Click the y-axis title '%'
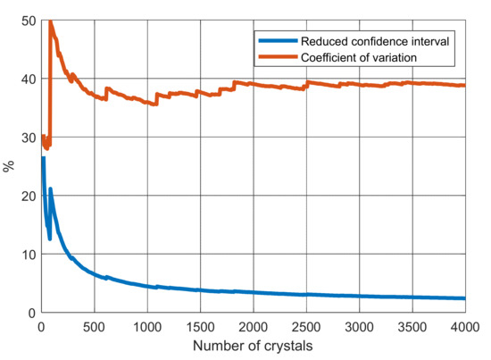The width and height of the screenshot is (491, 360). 9,166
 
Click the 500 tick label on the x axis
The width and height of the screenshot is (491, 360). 93,325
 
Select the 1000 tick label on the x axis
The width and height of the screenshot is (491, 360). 148,325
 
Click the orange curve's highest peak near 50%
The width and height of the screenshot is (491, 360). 50,22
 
